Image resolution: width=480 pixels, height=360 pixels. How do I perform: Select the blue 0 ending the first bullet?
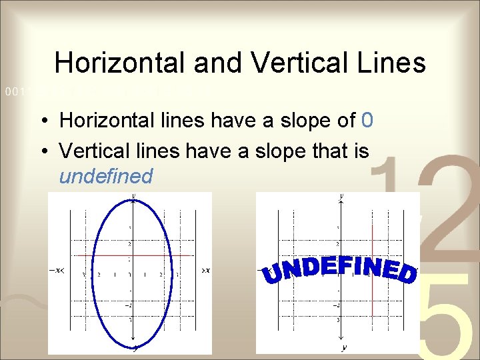tap(366, 121)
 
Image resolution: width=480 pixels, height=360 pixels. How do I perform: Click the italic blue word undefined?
tap(105, 176)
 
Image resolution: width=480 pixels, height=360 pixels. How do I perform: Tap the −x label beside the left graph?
tap(57, 270)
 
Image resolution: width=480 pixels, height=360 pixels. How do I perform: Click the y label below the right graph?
tap(344, 347)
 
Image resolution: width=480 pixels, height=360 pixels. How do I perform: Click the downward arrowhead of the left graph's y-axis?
tap(135, 345)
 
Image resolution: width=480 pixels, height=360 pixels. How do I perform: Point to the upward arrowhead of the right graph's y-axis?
tap(342, 200)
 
